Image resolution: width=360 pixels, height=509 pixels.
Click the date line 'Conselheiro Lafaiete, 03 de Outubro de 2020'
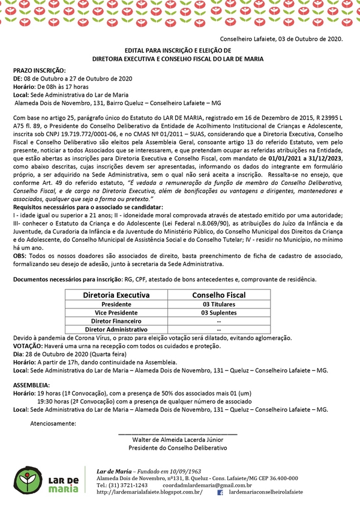pyautogui.click(x=285, y=40)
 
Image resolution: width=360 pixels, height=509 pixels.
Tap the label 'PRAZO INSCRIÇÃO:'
pyautogui.click(x=37, y=70)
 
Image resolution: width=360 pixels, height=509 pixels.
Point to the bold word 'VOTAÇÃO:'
pyautogui.click(x=27, y=346)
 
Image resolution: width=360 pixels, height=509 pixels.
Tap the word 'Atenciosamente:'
pyautogui.click(x=53, y=423)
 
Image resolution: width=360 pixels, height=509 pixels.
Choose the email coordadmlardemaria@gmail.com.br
pyautogui.click(x=207, y=485)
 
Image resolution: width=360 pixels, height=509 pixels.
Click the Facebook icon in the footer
pyautogui.click(x=220, y=492)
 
